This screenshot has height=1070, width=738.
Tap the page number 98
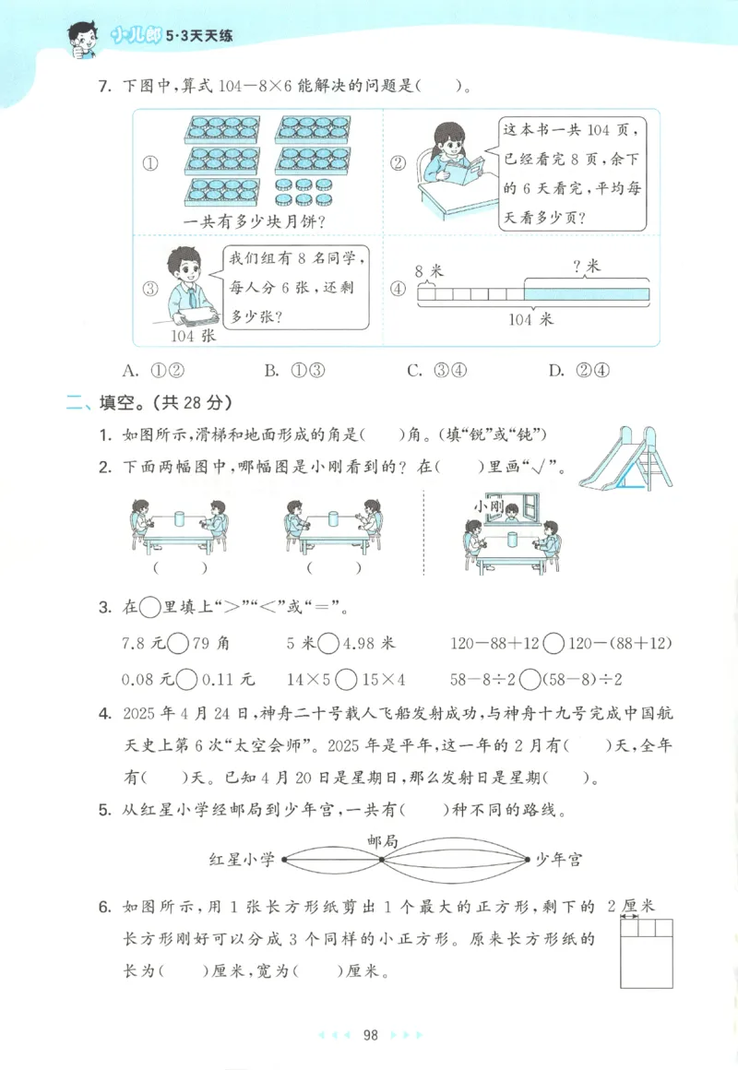tap(371, 1034)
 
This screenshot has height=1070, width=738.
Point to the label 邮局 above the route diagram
tap(381, 840)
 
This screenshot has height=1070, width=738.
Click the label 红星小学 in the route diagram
tap(243, 859)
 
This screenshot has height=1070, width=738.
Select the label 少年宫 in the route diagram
tap(559, 859)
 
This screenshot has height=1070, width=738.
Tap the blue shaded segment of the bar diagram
tap(587, 294)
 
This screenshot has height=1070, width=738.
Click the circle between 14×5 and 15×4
tap(347, 680)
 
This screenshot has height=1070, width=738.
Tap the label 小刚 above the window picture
tap(487, 505)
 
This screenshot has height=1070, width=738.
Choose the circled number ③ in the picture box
tap(151, 289)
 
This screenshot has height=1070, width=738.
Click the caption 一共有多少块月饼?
tap(258, 221)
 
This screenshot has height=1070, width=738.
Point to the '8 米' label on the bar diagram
tap(430, 270)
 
